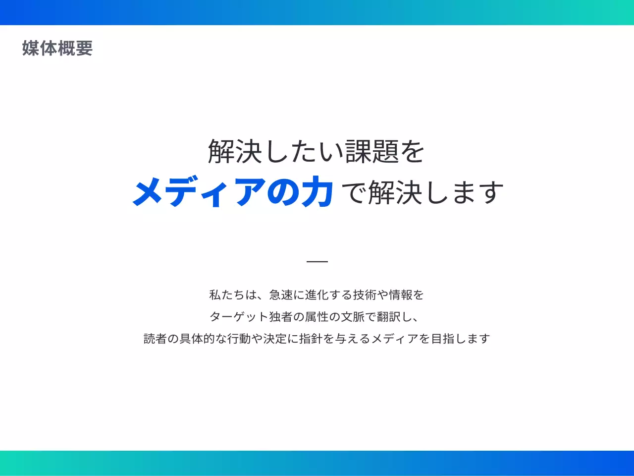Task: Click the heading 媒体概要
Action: coord(57,48)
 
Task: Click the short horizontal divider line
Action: coord(317,261)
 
